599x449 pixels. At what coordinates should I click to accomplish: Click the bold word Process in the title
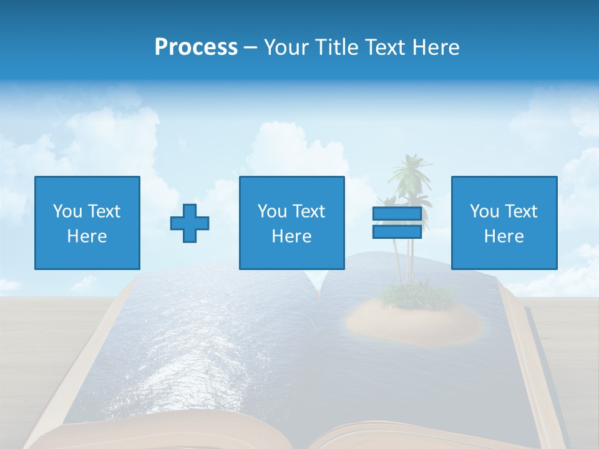(x=196, y=47)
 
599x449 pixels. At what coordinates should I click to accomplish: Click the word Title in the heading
(x=335, y=47)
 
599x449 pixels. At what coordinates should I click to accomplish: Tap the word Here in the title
(x=435, y=47)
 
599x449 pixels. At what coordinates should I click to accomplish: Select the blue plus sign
(x=190, y=223)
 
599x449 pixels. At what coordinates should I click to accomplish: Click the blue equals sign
(x=397, y=223)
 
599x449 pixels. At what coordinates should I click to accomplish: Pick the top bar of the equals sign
(x=397, y=214)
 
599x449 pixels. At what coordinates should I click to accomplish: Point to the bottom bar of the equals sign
(x=397, y=231)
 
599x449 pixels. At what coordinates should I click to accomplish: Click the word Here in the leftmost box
(x=87, y=236)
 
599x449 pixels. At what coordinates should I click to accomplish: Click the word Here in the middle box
(x=291, y=236)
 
